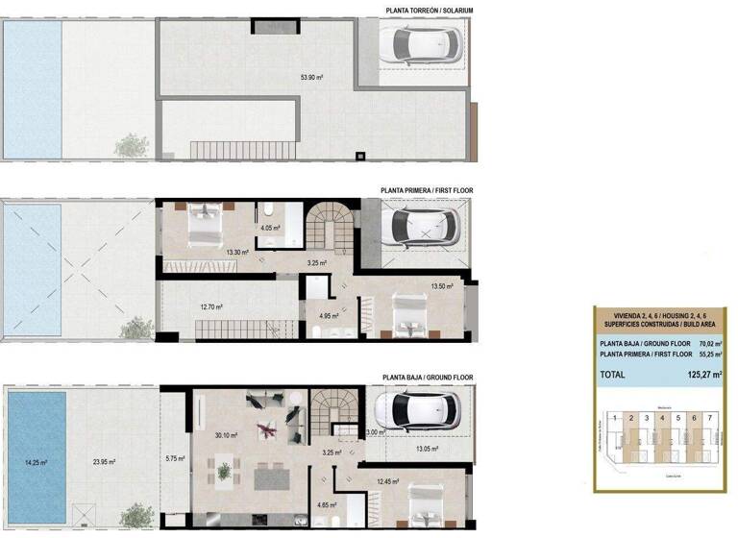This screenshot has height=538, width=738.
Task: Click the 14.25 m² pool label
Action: (35, 462)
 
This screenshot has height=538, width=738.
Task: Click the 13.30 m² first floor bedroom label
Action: (236, 253)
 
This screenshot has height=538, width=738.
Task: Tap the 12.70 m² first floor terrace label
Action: (211, 307)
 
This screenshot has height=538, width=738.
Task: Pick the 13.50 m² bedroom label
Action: (442, 286)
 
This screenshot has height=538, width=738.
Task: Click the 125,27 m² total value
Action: (704, 375)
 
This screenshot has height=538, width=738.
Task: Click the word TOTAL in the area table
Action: (612, 375)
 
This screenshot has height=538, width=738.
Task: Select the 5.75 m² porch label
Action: (174, 458)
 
